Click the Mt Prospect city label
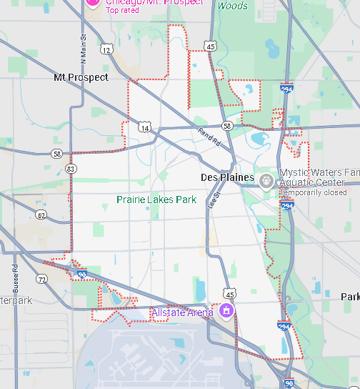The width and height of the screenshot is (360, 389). click(81, 77)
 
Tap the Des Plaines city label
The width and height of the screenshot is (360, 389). click(227, 177)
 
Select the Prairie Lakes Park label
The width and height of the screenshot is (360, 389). click(156, 200)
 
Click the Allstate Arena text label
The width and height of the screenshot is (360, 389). click(182, 312)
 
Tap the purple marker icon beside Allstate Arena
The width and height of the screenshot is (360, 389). click(226, 310)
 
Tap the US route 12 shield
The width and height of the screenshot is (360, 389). click(106, 49)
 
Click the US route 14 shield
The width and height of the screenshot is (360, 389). click(146, 127)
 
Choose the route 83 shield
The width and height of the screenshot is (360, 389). click(70, 169)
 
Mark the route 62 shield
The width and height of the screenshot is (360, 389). click(41, 215)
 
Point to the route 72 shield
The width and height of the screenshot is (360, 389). click(43, 278)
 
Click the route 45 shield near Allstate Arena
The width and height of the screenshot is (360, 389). click(229, 294)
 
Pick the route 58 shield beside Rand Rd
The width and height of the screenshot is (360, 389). click(226, 126)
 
